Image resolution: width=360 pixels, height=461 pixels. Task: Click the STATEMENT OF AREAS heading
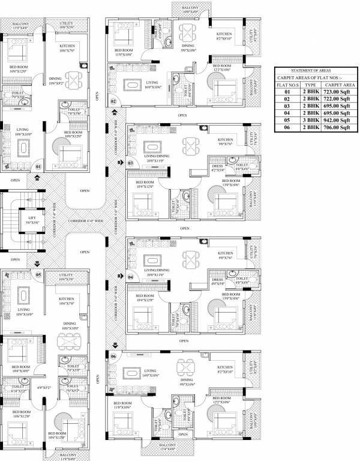[x=315, y=70]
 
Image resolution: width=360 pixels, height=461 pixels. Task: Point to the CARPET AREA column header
[x=340, y=85]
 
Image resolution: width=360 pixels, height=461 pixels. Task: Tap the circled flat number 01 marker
[x=38, y=167]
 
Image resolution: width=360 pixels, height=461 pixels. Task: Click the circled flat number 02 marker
[x=113, y=101]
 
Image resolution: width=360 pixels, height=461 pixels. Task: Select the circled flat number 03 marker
[x=130, y=163]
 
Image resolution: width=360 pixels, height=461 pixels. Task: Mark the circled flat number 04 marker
[x=130, y=277]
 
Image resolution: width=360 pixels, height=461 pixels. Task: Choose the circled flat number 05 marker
[x=38, y=276]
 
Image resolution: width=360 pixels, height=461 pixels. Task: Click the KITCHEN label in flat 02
[x=224, y=34]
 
